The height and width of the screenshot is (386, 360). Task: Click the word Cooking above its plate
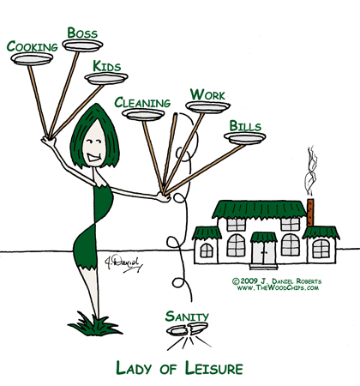[33, 46]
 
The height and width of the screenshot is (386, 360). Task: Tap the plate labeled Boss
[82, 45]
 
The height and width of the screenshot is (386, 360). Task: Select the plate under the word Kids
[106, 78]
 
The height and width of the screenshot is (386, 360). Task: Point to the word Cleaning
[142, 103]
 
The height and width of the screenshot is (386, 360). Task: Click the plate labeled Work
[207, 107]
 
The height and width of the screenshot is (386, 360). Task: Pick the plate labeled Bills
[245, 138]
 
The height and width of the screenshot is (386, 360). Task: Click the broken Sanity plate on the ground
[188, 329]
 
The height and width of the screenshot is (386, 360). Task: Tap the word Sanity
[187, 317]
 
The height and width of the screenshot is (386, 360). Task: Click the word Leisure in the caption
[213, 368]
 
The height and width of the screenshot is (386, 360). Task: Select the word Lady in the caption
[134, 368]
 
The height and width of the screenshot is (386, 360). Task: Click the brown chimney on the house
[310, 212]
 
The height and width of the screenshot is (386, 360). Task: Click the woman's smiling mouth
[94, 157]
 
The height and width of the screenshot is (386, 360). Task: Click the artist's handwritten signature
[123, 263]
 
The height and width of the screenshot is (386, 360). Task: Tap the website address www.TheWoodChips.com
[278, 287]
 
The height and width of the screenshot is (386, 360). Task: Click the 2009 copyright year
[249, 281]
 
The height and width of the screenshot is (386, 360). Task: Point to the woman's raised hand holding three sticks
[49, 140]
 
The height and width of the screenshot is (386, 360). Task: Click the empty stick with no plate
[169, 152]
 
